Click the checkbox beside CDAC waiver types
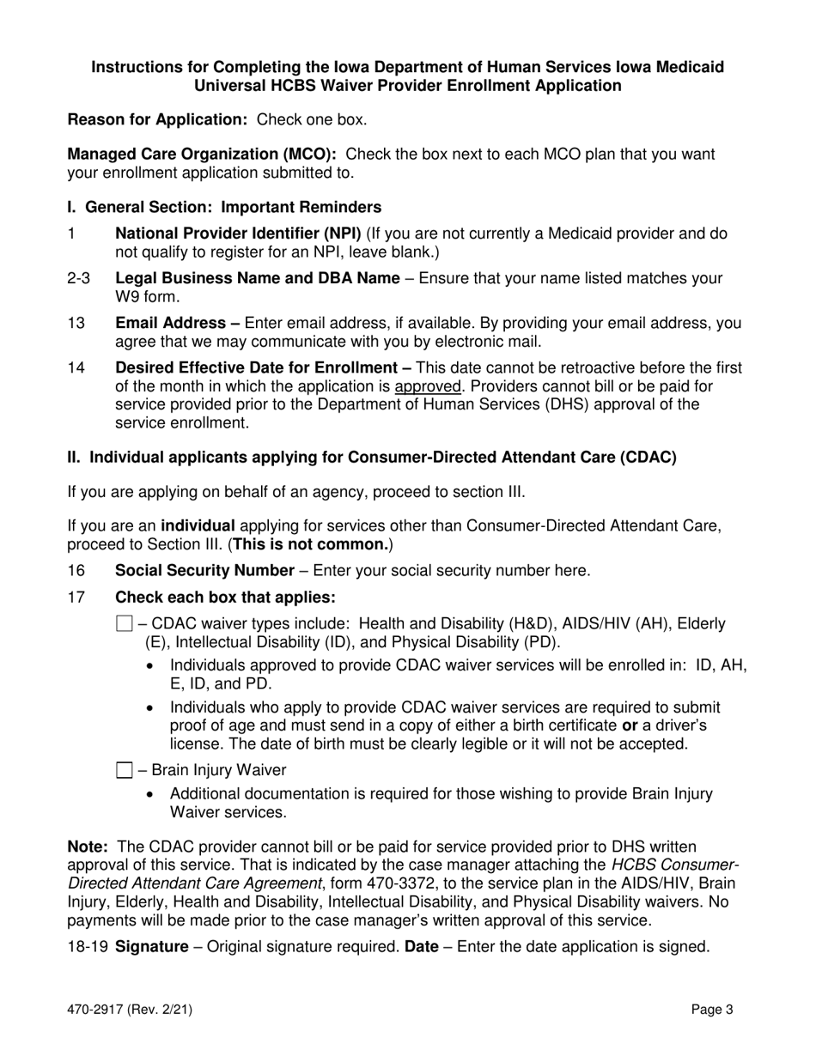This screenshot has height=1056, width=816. [x=124, y=624]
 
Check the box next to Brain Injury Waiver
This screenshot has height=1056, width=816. [x=124, y=770]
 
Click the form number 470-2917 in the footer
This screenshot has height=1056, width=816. [x=130, y=1010]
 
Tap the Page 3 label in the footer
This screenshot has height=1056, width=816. [x=713, y=1010]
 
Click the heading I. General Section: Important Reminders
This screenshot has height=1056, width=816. [x=224, y=208]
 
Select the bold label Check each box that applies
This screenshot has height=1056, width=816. [x=225, y=598]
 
